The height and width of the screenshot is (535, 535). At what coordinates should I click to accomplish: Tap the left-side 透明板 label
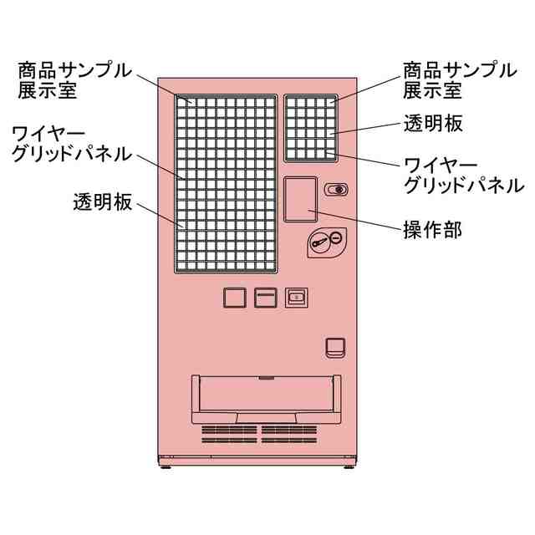pyautogui.click(x=102, y=202)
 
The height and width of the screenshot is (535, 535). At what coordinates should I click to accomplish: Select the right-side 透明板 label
pyautogui.click(x=433, y=124)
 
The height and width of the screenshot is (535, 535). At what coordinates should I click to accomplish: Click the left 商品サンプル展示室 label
pyautogui.click(x=74, y=80)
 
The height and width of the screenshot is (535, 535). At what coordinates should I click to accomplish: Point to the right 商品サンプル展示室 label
pyautogui.click(x=459, y=80)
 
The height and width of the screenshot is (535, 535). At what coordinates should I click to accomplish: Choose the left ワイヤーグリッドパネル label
pyautogui.click(x=71, y=144)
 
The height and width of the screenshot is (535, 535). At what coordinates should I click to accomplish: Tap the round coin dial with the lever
pyautogui.click(x=318, y=243)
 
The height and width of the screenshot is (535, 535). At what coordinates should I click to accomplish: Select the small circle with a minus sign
pyautogui.click(x=334, y=238)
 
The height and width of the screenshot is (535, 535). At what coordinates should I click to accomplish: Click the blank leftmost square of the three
pyautogui.click(x=235, y=298)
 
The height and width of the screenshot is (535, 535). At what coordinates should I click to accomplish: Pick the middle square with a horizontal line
pyautogui.click(x=265, y=298)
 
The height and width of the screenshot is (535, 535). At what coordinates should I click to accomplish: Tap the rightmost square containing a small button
pyautogui.click(x=295, y=298)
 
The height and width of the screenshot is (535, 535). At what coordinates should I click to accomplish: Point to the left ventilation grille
pyautogui.click(x=228, y=433)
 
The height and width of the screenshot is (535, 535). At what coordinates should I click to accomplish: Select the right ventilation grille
pyautogui.click(x=288, y=433)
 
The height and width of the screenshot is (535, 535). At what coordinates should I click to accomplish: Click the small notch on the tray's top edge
pyautogui.click(x=266, y=378)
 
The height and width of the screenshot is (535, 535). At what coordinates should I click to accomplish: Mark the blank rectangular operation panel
pyautogui.click(x=300, y=199)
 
